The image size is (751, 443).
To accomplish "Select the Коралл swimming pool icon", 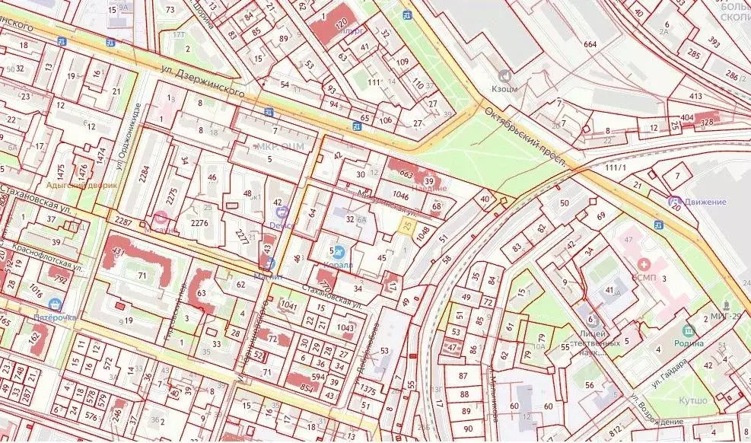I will pyautogui.click(x=339, y=251).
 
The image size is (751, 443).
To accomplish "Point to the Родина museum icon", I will pyautogui.click(x=689, y=330).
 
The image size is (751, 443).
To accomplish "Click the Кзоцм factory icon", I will pyautogui.click(x=503, y=75).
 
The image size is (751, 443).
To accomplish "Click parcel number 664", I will pyautogui.click(x=590, y=44).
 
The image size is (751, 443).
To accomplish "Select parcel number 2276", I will pyautogui.click(x=199, y=223).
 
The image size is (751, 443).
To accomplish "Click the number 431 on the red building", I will pyautogui.click(x=118, y=250).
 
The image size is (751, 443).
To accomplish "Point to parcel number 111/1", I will pyautogui.click(x=615, y=167).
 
